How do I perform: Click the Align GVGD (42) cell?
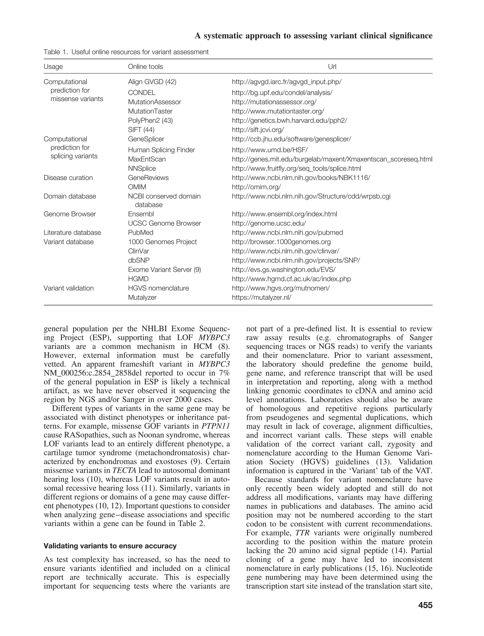click(x=152, y=82)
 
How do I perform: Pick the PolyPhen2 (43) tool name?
click(x=150, y=120)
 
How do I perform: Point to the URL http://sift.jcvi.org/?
click(x=258, y=130)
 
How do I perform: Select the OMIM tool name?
click(x=137, y=187)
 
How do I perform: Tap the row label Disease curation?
click(x=68, y=178)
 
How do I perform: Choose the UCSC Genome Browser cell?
click(x=164, y=223)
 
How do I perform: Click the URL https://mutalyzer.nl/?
click(x=262, y=297)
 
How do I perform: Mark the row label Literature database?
click(x=72, y=232)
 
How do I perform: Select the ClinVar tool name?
click(x=138, y=251)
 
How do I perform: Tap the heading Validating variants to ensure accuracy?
click(x=110, y=546)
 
